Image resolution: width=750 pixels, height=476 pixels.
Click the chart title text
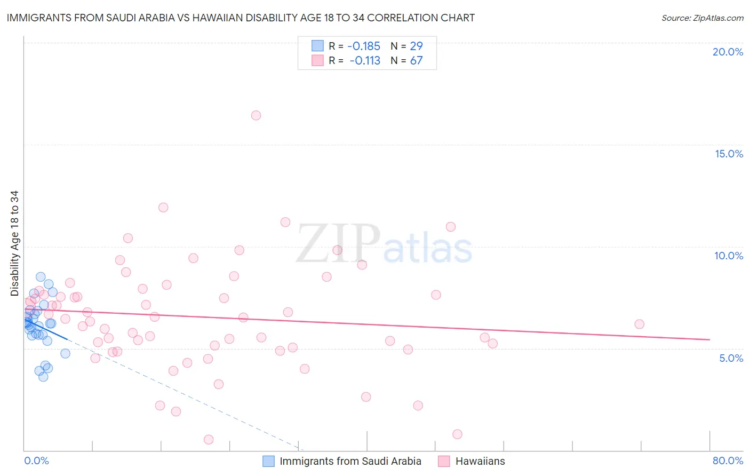point(241,18)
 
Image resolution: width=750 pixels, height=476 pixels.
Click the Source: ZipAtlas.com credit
point(702,18)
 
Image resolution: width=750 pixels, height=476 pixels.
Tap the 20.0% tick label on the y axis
point(728,52)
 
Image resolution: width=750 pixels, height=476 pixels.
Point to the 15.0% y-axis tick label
point(729,154)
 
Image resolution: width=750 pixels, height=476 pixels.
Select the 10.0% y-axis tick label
point(729,256)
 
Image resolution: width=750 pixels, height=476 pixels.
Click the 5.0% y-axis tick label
point(731,358)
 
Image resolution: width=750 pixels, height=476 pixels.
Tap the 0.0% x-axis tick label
point(36,461)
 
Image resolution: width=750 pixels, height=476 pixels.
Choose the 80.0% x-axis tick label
point(728,461)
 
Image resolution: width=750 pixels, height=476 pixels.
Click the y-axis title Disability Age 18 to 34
point(14,243)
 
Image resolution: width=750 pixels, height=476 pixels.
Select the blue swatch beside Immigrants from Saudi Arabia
point(269,461)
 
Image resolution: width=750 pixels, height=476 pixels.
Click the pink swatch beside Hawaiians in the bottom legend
point(444,461)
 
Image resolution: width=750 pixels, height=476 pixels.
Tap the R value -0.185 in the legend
point(364,46)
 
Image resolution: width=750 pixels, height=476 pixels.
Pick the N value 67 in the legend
point(416,61)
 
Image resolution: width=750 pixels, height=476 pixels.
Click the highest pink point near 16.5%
point(256,115)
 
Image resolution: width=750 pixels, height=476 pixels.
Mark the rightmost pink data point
point(639,324)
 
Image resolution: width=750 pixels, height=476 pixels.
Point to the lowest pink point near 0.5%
point(209,439)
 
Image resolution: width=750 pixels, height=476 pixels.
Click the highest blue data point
point(41,276)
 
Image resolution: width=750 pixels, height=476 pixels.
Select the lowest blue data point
point(43,377)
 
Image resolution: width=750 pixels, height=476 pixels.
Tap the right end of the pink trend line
point(709,339)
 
